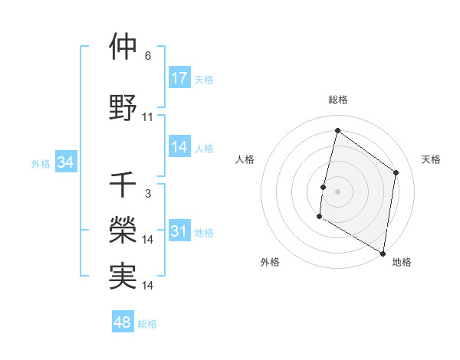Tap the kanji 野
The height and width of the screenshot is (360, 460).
pos(123,108)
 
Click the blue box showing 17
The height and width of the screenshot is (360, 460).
pos(179,78)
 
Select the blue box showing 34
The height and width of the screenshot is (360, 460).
pos(65,162)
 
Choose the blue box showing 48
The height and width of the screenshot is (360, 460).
pos(123,322)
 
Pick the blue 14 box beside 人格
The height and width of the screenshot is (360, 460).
pos(179,148)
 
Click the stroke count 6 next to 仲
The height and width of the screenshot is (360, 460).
pos(148,56)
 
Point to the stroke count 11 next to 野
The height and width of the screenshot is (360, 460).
pos(148,117)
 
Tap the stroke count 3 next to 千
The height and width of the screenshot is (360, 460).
pos(148,194)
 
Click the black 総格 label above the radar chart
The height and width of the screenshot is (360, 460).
pos(338,100)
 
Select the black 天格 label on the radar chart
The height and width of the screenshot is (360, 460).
pos(432,159)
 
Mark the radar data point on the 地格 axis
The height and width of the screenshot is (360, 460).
pos(383,253)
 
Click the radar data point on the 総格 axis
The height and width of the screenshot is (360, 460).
pos(337,131)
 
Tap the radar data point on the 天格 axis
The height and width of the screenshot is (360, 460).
pos(396,172)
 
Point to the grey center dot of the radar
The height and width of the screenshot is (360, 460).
pos(337,191)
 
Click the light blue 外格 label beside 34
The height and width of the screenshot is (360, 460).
pos(41,163)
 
